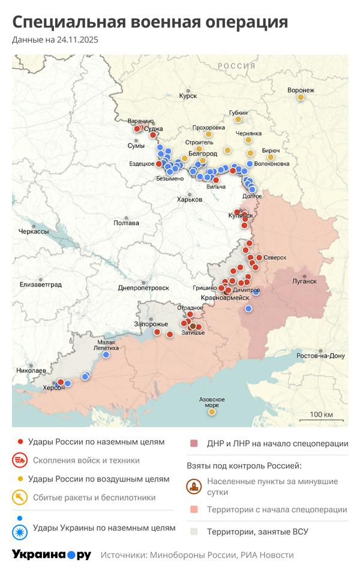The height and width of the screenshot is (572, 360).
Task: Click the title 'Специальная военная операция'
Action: point(150,22)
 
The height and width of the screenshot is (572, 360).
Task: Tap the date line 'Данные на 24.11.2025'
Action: point(55,40)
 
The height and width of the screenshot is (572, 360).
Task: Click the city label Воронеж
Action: point(301,91)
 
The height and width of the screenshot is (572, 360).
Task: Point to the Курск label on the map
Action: point(188,95)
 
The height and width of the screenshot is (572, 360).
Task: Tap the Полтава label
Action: point(126,223)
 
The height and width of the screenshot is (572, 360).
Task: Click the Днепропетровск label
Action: point(143,288)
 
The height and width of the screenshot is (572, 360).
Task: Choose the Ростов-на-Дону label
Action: point(321,356)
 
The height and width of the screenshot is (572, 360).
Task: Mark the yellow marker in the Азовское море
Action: point(212,412)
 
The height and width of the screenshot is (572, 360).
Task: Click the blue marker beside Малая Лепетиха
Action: point(106,355)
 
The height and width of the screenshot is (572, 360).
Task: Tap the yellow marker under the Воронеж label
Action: point(301,98)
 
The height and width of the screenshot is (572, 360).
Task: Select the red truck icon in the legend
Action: point(20,460)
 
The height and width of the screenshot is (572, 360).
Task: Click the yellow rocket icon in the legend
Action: point(20,497)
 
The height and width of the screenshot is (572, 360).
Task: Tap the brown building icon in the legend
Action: point(193,486)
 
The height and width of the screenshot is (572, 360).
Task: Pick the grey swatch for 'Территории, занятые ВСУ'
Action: point(194,531)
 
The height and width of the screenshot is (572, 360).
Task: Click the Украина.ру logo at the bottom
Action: point(52,555)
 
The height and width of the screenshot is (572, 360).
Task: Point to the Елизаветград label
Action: point(41,284)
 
